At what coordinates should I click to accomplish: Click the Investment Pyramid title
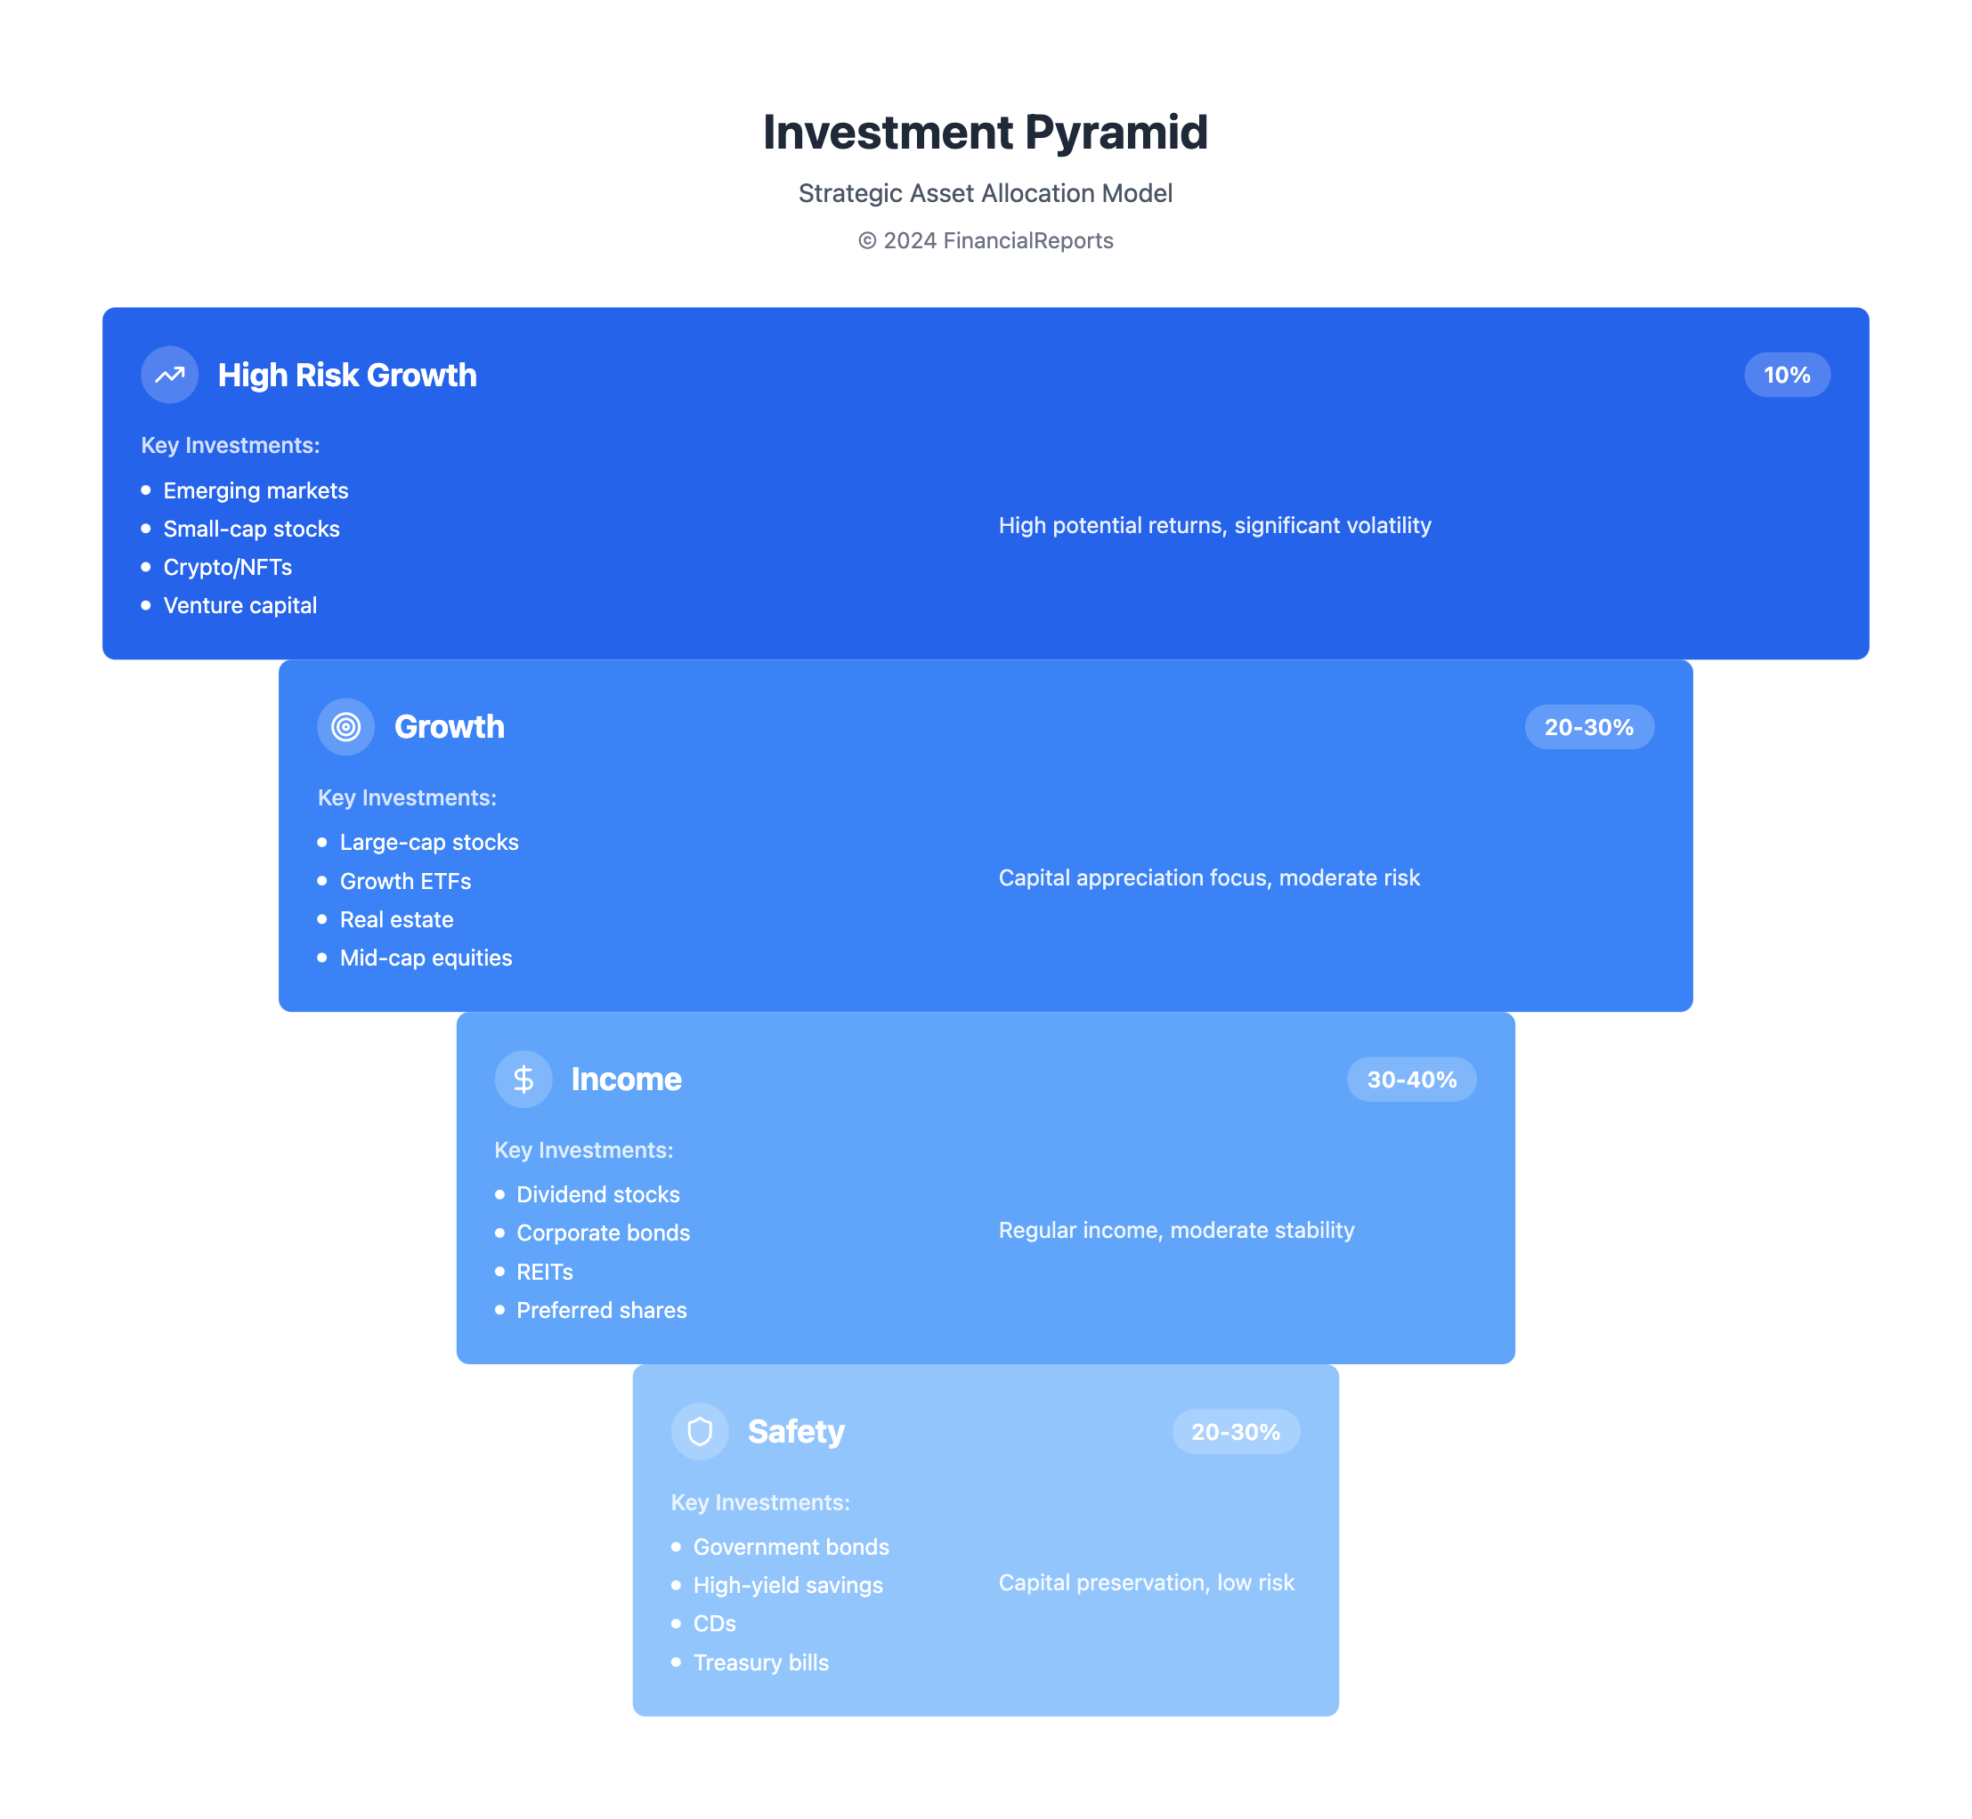pos(986,132)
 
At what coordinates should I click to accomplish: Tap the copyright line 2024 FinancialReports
pos(986,241)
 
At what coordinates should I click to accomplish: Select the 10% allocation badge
pos(1787,375)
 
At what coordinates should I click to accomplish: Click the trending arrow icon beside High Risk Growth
pos(169,375)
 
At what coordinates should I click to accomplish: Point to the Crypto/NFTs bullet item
pos(227,567)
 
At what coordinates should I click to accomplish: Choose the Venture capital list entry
pos(240,605)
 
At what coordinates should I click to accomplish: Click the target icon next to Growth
pos(345,727)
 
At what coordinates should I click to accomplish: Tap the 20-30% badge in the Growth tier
pos(1589,727)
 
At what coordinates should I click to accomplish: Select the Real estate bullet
pos(397,919)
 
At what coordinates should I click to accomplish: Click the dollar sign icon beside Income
pos(523,1079)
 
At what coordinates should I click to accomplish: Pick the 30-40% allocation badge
pos(1412,1079)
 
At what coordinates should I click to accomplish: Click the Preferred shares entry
pos(602,1310)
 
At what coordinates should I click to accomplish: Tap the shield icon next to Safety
pos(699,1432)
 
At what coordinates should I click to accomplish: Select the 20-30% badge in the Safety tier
pos(1236,1432)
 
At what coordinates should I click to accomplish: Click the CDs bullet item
pos(715,1623)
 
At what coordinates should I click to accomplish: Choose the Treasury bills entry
pos(761,1662)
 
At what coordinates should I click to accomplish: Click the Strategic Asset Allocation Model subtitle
pos(986,193)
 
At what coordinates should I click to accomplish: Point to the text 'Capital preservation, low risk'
pos(1146,1583)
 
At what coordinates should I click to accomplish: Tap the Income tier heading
pos(626,1079)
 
